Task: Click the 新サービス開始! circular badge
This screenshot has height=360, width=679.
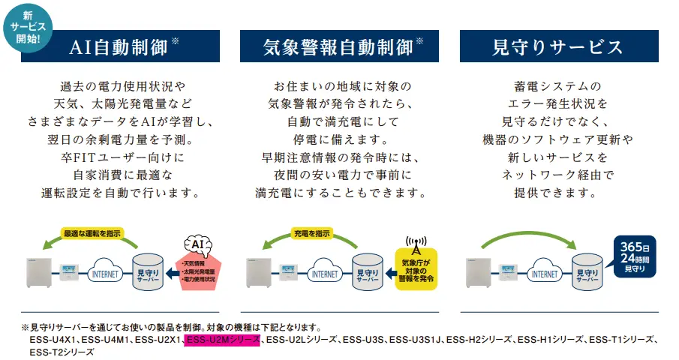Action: [27, 27]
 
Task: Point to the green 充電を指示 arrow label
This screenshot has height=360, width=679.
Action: [311, 233]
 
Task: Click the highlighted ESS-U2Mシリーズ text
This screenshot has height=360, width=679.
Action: [223, 340]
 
